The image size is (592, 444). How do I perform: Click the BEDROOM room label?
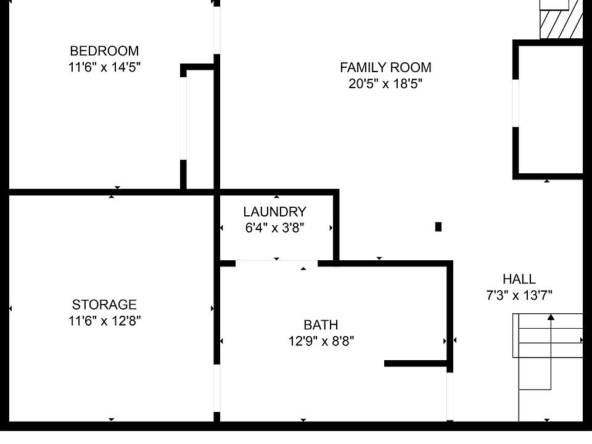pyautogui.click(x=104, y=51)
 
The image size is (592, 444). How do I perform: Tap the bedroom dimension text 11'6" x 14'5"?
pyautogui.click(x=104, y=67)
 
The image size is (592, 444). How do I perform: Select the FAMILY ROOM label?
pyautogui.click(x=385, y=67)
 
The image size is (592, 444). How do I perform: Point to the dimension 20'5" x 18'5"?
pyautogui.click(x=385, y=84)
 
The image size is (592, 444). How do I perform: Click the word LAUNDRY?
pyautogui.click(x=274, y=212)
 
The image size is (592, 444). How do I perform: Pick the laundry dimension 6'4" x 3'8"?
pyautogui.click(x=274, y=228)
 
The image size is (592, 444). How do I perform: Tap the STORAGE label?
pyautogui.click(x=104, y=305)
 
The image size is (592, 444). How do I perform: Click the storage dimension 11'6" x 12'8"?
pyautogui.click(x=104, y=321)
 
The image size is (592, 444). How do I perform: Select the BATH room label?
pyautogui.click(x=321, y=325)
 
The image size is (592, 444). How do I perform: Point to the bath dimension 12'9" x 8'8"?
pyautogui.click(x=321, y=340)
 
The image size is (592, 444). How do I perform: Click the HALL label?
pyautogui.click(x=519, y=279)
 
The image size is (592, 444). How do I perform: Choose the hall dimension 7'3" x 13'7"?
pyautogui.click(x=519, y=295)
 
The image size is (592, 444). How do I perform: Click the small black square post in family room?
pyautogui.click(x=438, y=226)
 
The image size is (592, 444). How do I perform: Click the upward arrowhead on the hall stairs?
pyautogui.click(x=551, y=318)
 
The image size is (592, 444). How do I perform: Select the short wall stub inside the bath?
pyautogui.click(x=416, y=363)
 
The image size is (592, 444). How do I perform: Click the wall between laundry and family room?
pyautogui.click(x=336, y=225)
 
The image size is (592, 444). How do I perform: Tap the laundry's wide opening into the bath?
pyautogui.click(x=276, y=263)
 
